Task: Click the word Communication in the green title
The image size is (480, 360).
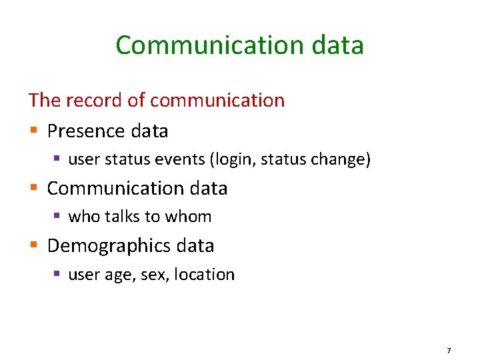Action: pyautogui.click(x=199, y=45)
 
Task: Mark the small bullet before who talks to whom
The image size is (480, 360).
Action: pyautogui.click(x=58, y=217)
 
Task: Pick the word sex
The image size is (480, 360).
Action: pyautogui.click(x=154, y=275)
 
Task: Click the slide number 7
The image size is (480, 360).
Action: pyautogui.click(x=449, y=351)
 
